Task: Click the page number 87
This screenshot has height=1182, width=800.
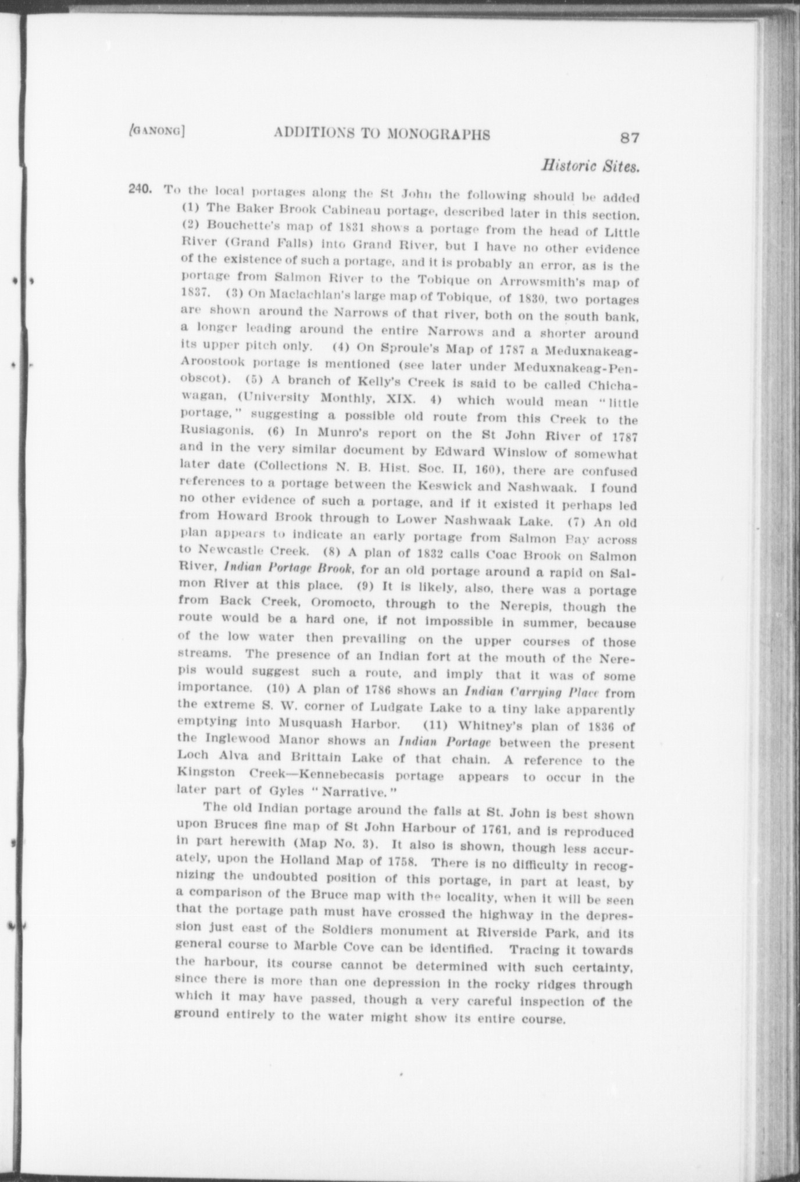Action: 630,138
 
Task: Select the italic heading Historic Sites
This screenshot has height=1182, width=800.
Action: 590,166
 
